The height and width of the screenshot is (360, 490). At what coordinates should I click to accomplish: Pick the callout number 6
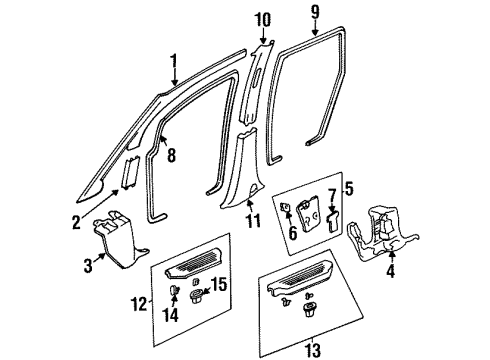point(292,232)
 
